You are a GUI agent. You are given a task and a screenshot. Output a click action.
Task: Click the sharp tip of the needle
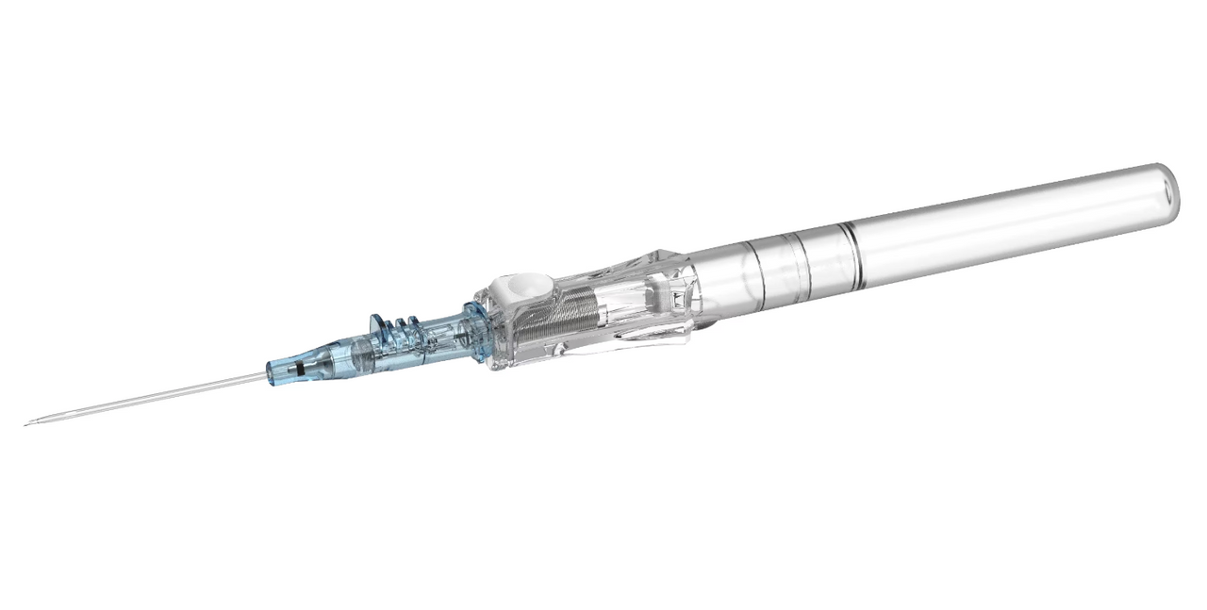[26, 423]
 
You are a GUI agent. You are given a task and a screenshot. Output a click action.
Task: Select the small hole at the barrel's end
[1168, 191]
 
